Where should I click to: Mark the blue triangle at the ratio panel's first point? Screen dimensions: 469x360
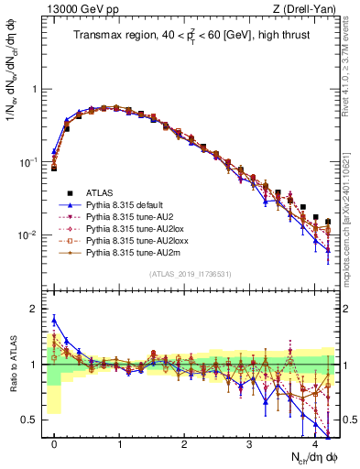point(54,320)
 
